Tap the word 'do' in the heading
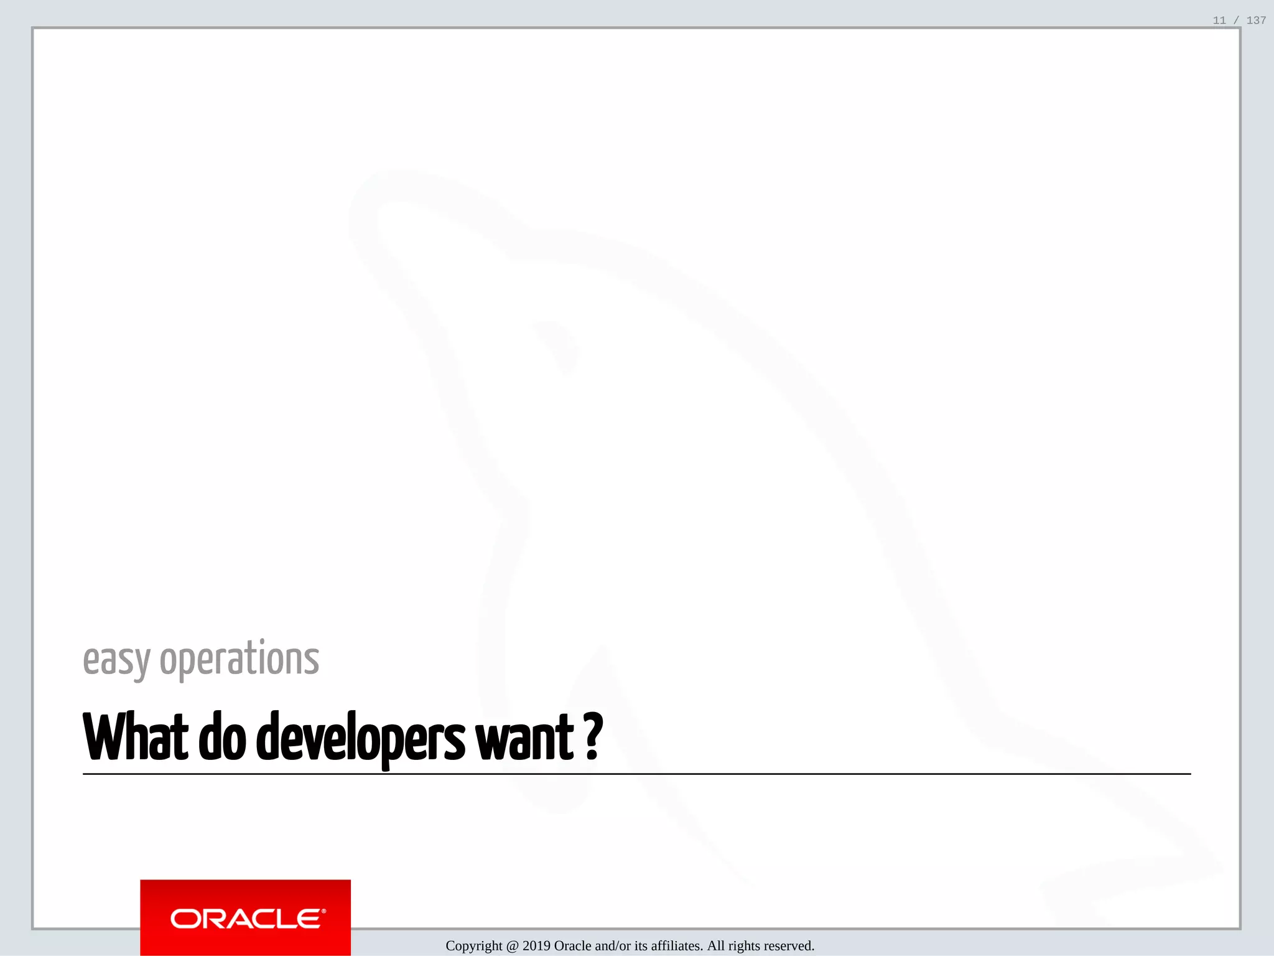click(x=222, y=738)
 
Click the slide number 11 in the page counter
click(x=1219, y=21)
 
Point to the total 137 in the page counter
click(x=1256, y=21)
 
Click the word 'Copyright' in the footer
click(x=474, y=946)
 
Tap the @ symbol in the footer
click(x=513, y=946)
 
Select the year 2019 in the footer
click(x=536, y=946)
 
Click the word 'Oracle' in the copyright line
click(x=572, y=946)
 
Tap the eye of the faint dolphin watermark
click(x=559, y=345)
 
